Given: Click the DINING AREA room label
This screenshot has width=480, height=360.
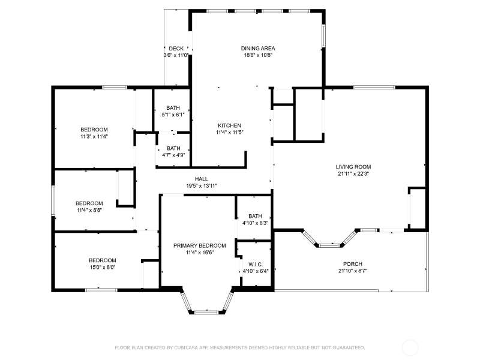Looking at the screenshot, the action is (x=258, y=49).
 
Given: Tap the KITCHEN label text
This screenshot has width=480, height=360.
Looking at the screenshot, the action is (x=229, y=125).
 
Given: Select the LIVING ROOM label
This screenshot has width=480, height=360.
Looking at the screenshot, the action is (x=353, y=167).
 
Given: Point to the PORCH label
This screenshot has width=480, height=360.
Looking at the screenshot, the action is (x=353, y=264).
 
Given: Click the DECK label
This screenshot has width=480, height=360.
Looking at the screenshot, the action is (x=176, y=49).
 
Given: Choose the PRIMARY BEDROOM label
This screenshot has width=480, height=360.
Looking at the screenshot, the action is (x=200, y=245).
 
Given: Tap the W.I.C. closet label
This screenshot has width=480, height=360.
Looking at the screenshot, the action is (x=256, y=265).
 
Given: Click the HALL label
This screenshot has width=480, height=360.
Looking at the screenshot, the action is (x=202, y=179).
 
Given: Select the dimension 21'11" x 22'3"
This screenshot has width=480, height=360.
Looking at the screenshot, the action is (x=353, y=174).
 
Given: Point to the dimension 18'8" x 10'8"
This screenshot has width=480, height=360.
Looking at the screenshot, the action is (x=258, y=55).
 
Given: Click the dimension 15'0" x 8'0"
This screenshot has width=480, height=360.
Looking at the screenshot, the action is (x=102, y=267).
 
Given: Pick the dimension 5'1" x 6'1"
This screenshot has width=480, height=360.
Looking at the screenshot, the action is (x=173, y=115).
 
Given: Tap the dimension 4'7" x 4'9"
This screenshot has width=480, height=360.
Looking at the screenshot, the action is (x=173, y=155).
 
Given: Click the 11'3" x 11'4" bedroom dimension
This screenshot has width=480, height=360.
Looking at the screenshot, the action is (x=94, y=137).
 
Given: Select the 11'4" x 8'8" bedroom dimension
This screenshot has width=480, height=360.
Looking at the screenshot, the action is (x=89, y=211).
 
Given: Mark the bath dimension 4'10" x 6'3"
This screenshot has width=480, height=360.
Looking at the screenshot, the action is (x=256, y=223).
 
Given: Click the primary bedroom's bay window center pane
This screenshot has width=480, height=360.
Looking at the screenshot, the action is (x=206, y=313).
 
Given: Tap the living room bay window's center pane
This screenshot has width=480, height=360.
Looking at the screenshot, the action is (x=329, y=245).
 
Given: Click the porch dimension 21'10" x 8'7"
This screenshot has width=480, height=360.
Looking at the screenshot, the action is (x=353, y=271).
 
